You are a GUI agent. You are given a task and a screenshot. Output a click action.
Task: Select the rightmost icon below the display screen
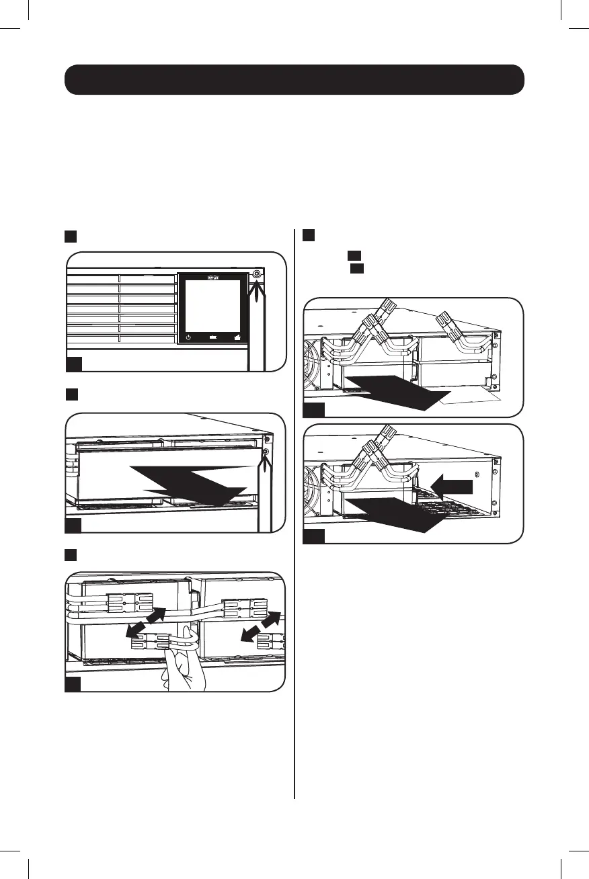pos(237,337)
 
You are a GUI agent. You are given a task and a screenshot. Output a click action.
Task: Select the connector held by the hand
pos(151,644)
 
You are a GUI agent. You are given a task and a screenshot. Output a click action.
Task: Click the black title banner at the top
pos(294,80)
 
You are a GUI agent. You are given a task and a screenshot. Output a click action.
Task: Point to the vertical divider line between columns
pos(294,511)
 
